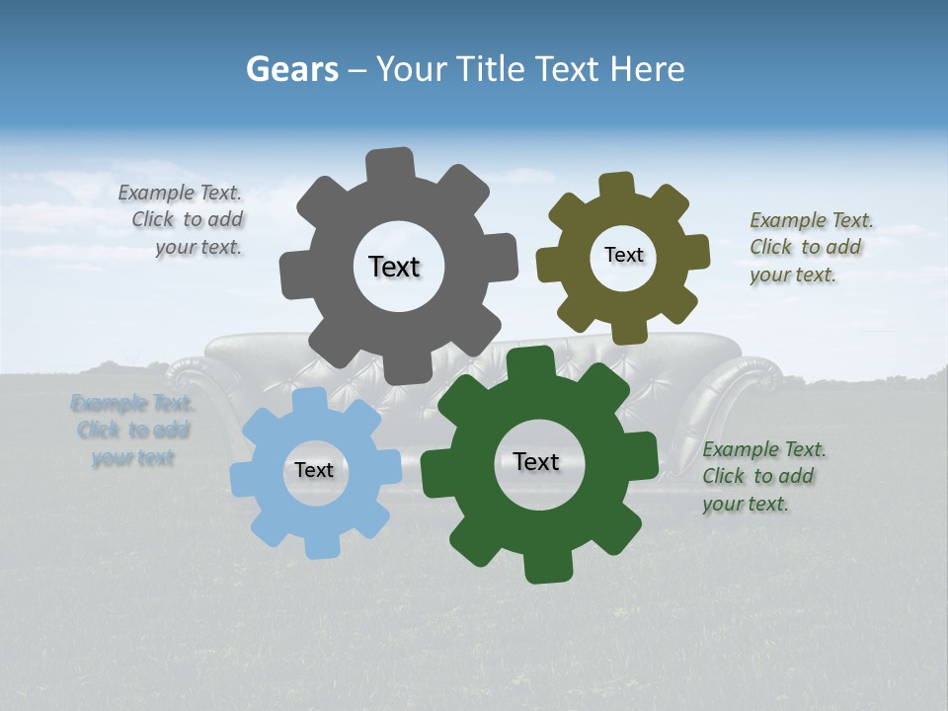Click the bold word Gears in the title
291,69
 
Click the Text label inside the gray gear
394,267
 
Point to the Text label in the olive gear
623,255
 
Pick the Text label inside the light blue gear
314,470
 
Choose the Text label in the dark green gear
536,461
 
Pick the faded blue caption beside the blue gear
132,431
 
